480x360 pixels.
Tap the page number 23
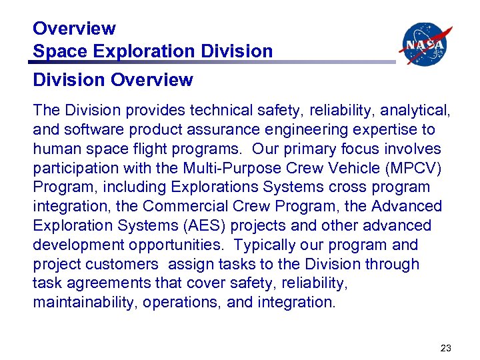tap(446, 347)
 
